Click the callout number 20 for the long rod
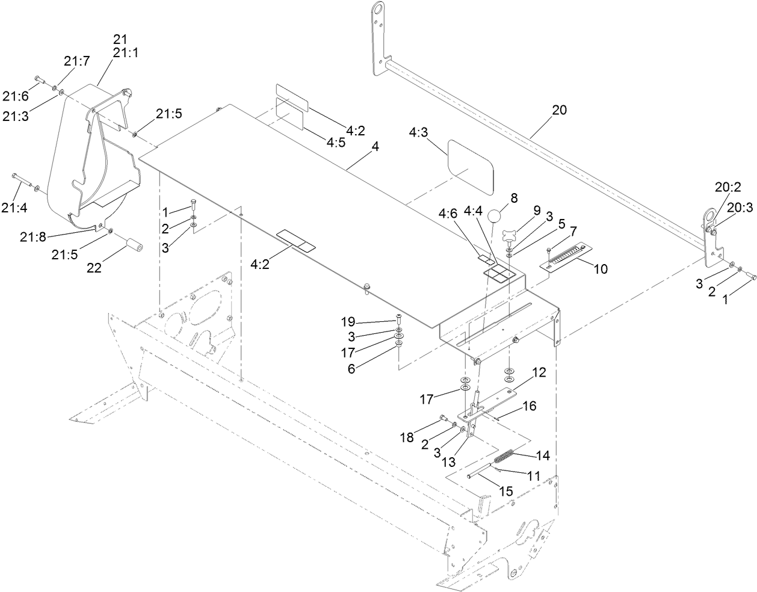[559, 111]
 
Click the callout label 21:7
[76, 61]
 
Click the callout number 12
[539, 373]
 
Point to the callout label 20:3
[740, 207]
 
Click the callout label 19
[365, 321]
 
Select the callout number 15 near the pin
[506, 491]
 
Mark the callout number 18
[407, 437]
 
